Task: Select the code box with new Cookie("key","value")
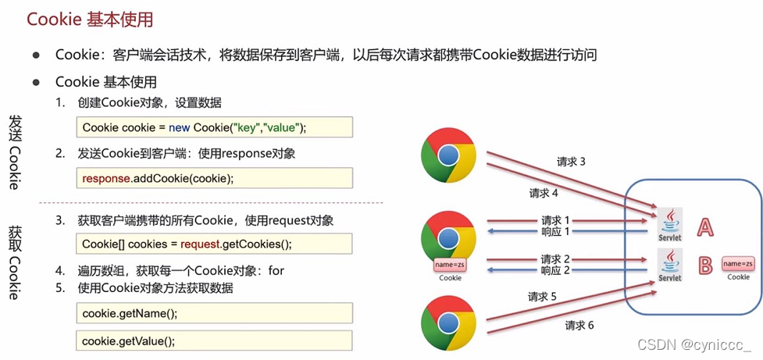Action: [x=215, y=127]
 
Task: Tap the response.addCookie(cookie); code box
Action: [x=215, y=178]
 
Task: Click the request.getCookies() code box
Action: [x=215, y=244]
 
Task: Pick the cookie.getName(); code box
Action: [x=215, y=313]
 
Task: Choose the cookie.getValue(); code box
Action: [x=215, y=340]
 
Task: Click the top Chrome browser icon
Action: [x=447, y=155]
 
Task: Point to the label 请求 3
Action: [x=571, y=162]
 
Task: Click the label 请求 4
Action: [x=544, y=193]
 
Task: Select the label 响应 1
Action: [x=556, y=232]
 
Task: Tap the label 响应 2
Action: [x=556, y=270]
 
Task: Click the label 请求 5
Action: [x=543, y=297]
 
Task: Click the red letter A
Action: [x=705, y=227]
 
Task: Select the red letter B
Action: [x=705, y=266]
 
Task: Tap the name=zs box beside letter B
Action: [x=738, y=264]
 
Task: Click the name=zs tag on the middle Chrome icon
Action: [x=450, y=266]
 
